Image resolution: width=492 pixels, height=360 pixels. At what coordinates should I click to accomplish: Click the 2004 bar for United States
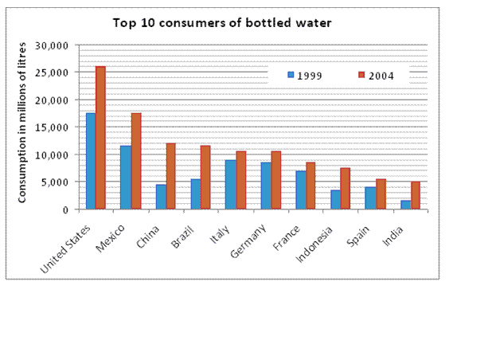100,138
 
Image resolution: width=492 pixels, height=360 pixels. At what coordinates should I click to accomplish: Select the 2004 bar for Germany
275,180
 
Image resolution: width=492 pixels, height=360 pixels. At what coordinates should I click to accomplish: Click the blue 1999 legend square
291,74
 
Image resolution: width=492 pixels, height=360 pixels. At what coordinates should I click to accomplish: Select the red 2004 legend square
360,74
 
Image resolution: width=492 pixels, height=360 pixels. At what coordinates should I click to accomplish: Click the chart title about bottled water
221,22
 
